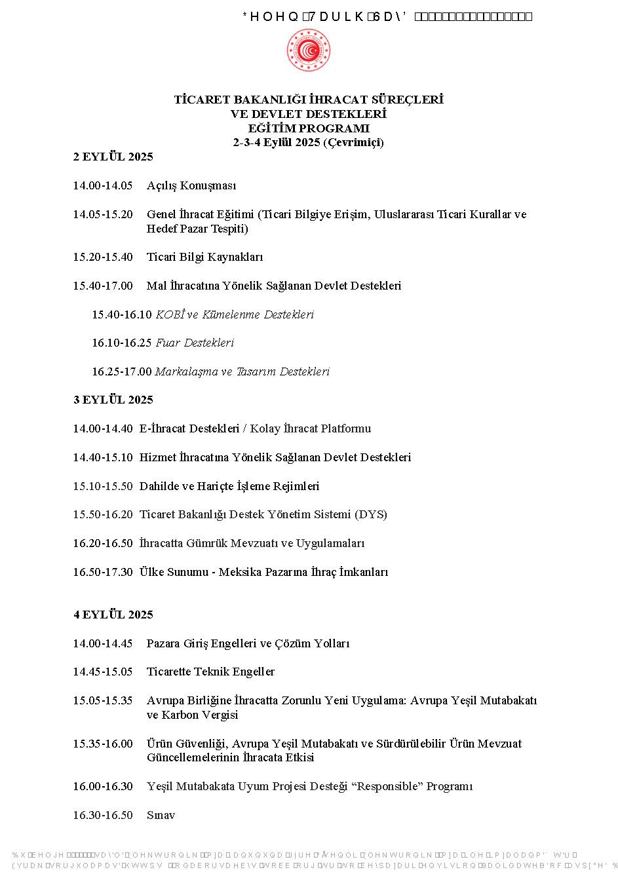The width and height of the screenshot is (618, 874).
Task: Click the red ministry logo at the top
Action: tap(308, 51)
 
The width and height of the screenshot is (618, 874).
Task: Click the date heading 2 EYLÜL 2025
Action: tap(113, 157)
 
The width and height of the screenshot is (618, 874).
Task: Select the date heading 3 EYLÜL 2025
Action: tap(113, 400)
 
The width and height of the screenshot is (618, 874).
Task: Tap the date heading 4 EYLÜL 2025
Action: tap(113, 615)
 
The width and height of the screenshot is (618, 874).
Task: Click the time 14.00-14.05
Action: tap(102, 185)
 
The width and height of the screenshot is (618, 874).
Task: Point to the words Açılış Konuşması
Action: tap(191, 185)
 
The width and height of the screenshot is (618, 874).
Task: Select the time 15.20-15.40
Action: tap(102, 257)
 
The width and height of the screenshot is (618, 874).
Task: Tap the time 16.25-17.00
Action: tap(121, 371)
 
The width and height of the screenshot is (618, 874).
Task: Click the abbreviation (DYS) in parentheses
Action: tap(371, 514)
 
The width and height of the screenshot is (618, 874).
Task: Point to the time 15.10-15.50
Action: tap(102, 486)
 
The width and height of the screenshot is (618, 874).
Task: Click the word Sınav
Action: tap(161, 815)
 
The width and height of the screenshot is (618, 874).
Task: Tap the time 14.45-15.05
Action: tap(102, 672)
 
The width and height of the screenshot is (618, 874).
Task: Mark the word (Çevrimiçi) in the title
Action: tap(353, 142)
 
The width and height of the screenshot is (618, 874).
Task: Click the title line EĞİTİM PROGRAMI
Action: tap(309, 128)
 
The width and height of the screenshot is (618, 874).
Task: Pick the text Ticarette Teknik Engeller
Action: tap(210, 672)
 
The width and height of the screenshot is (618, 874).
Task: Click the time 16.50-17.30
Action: tap(102, 572)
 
